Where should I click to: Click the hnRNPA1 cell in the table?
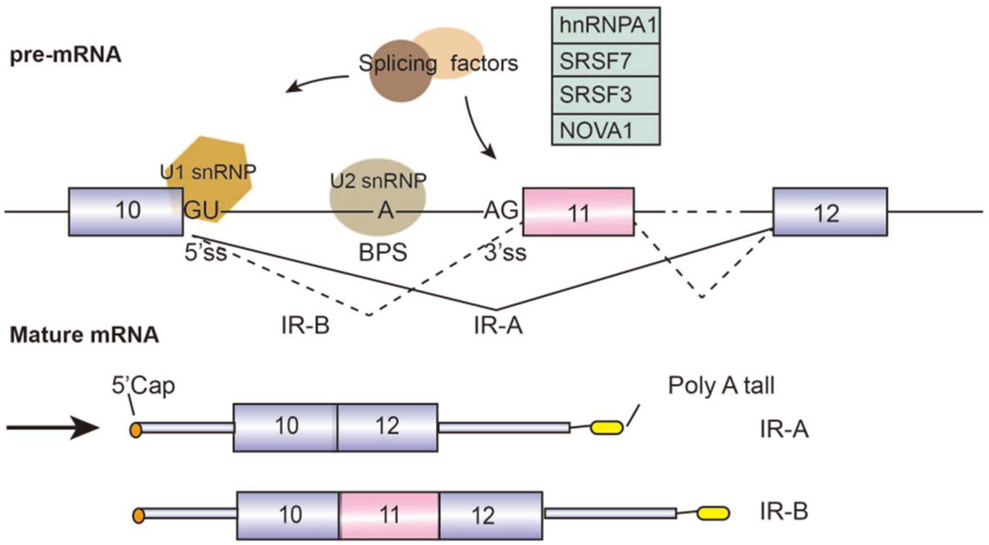[x=606, y=26]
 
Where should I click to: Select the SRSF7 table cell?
[x=606, y=61]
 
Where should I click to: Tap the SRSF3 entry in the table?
[x=606, y=95]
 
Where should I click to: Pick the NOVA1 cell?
[x=606, y=130]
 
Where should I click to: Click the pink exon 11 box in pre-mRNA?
[x=579, y=212]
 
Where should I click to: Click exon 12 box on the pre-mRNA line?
[x=830, y=212]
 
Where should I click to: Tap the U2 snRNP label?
[x=378, y=181]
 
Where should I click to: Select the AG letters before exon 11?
[x=501, y=210]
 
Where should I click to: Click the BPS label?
[x=383, y=253]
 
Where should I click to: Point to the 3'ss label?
[x=505, y=253]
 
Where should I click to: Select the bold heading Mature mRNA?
[x=84, y=335]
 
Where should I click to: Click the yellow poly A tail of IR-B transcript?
[x=714, y=513]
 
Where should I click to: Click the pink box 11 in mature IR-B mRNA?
[x=389, y=515]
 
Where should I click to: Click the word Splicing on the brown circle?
[x=398, y=64]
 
